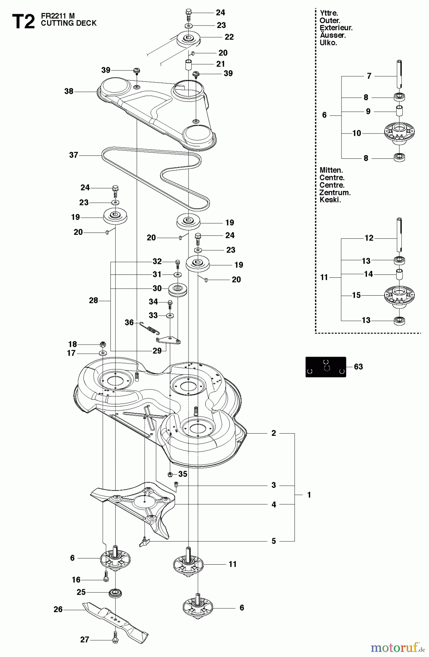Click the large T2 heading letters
(23, 22)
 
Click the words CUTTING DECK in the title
(69, 23)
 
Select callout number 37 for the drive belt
(74, 155)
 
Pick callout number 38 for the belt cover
(69, 91)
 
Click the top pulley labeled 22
(188, 38)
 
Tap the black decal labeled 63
(325, 367)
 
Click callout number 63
(358, 366)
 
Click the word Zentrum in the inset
(335, 192)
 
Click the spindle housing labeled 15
(399, 295)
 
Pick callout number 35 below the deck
(183, 474)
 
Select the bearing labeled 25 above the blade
(115, 593)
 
